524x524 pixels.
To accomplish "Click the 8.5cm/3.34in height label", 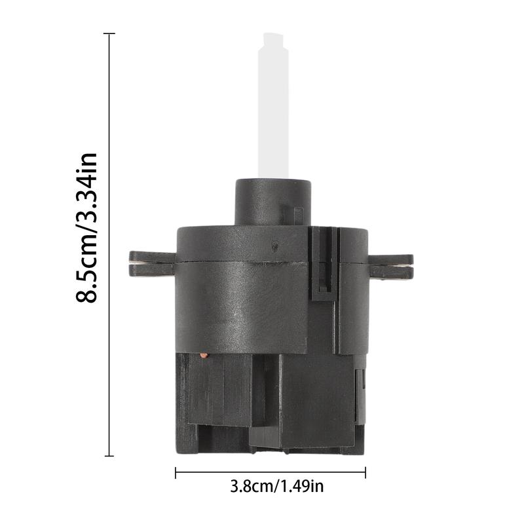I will [87, 227].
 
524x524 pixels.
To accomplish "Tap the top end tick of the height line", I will [109, 33].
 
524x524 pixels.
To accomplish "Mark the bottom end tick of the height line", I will [109, 455].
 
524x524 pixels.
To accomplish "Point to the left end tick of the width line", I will [176, 472].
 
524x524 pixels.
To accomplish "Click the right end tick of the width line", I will [365, 472].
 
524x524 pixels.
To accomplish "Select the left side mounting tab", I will [151, 263].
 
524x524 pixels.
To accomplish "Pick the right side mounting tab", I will [390, 267].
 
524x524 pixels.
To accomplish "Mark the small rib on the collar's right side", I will [298, 215].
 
